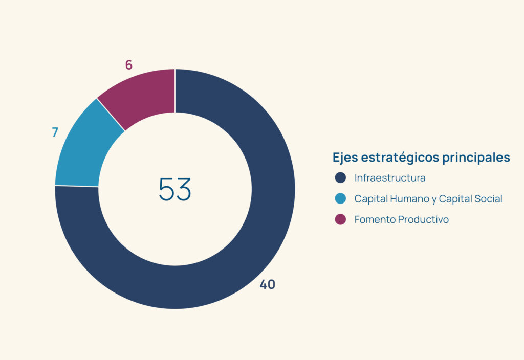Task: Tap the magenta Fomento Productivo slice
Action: [x=140, y=94]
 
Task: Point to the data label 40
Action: [x=267, y=284]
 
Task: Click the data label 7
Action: [x=55, y=132]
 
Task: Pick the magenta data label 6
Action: [x=128, y=65]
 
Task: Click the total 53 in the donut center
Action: [x=175, y=189]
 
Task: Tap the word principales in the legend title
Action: [x=476, y=157]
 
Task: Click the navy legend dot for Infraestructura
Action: [x=340, y=177]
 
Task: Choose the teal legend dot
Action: [x=340, y=198]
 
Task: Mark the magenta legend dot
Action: [x=340, y=219]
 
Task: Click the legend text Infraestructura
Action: [x=390, y=178]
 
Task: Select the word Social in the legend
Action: [x=488, y=199]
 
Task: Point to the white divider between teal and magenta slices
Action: [x=111, y=115]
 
